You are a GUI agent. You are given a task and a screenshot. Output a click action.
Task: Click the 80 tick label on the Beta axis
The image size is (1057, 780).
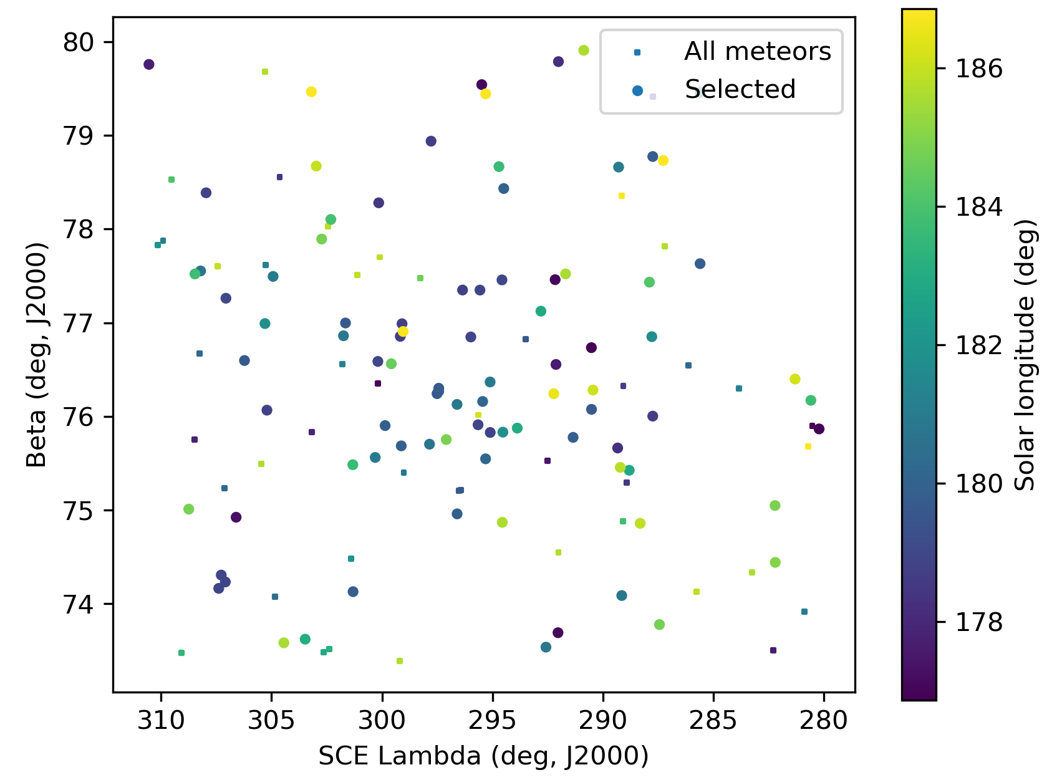(78, 42)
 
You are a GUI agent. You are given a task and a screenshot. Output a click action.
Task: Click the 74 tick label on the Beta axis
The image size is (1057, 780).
(78, 604)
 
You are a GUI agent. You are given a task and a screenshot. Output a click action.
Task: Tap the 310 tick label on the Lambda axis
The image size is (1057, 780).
(162, 720)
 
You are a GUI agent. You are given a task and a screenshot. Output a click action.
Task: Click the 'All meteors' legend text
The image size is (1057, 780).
(758, 52)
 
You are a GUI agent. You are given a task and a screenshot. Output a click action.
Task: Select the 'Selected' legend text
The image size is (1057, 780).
(740, 90)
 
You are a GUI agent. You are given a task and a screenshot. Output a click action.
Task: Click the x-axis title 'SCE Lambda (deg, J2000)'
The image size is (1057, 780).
(483, 756)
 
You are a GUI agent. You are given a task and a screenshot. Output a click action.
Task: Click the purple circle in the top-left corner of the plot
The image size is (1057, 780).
(148, 64)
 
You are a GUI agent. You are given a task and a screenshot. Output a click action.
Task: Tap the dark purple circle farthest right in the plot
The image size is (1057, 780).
(819, 429)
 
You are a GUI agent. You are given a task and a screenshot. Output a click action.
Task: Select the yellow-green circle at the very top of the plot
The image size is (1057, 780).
(584, 51)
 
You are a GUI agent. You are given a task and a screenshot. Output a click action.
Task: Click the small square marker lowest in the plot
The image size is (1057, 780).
(400, 661)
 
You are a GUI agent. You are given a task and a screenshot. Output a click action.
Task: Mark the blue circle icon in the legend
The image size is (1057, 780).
(637, 91)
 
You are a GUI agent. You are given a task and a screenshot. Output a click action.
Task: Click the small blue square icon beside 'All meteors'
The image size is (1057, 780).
(637, 52)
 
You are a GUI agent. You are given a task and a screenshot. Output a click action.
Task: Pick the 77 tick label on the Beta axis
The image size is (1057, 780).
(78, 324)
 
